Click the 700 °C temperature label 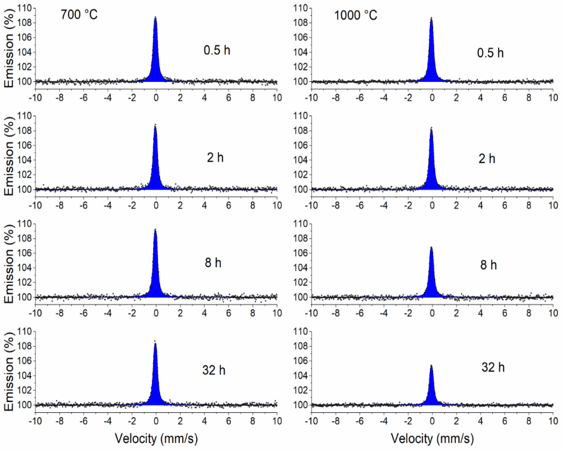(79, 15)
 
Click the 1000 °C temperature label (355, 15)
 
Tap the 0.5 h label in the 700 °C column (217, 50)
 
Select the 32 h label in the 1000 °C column (493, 367)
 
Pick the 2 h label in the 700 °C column (215, 158)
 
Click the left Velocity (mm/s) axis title (156, 438)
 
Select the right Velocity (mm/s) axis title (432, 438)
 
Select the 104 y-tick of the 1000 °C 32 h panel (301, 376)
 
